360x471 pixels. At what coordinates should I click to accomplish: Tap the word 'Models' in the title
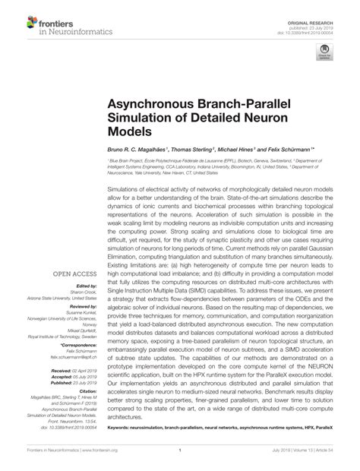(x=129, y=129)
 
